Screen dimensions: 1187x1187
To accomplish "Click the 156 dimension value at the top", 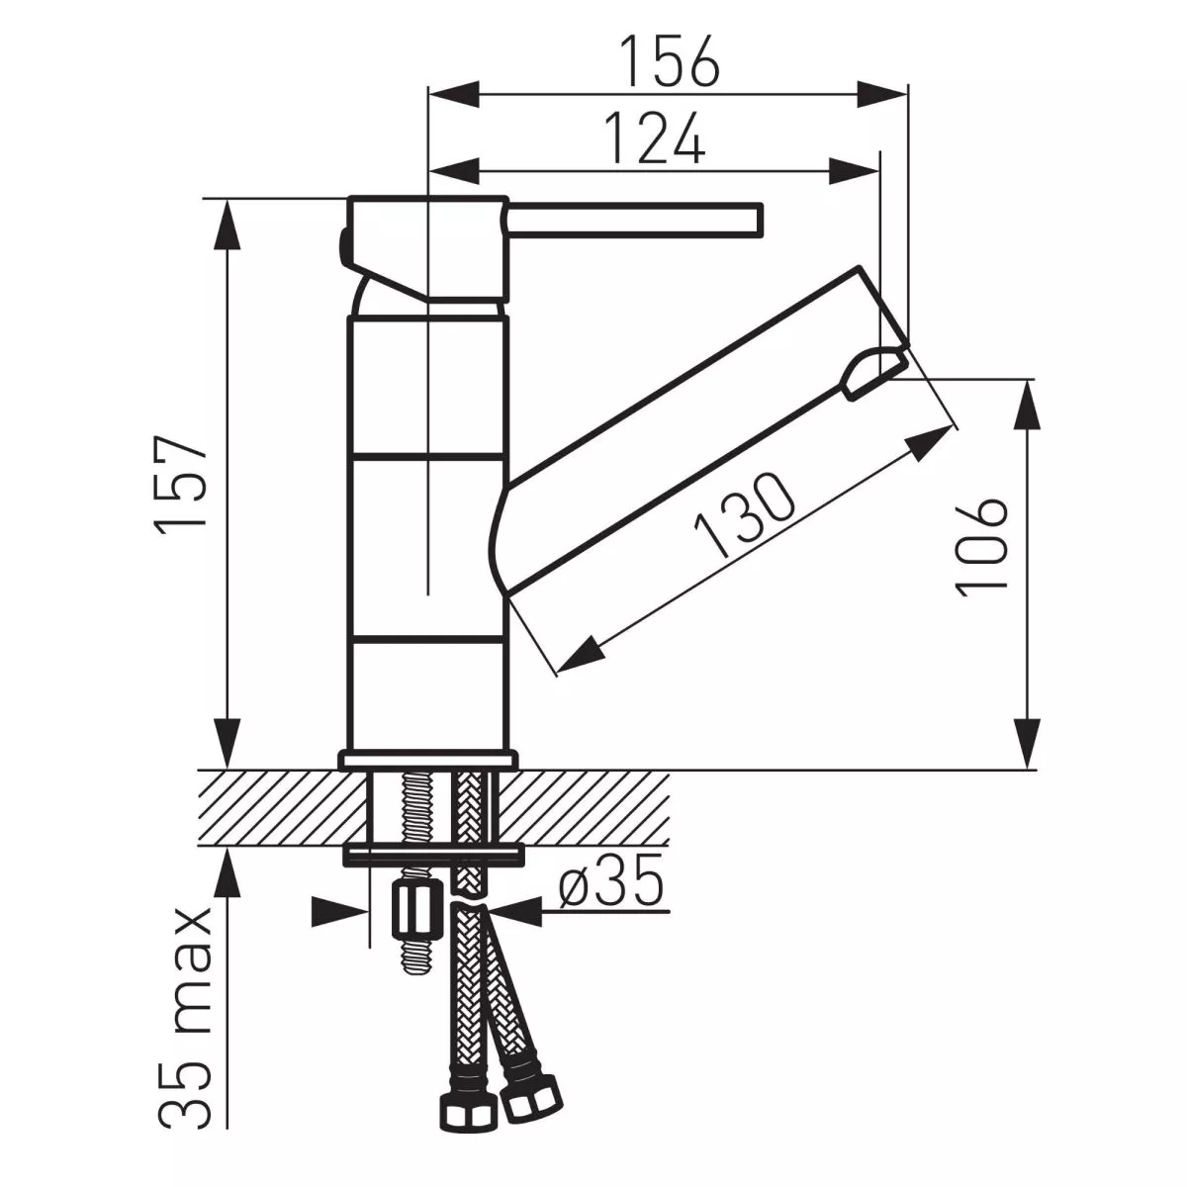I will (669, 61).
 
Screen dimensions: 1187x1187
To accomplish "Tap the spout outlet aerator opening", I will (872, 369).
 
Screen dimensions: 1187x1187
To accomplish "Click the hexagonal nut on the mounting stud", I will (418, 912).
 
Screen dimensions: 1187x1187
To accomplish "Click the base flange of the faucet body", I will (427, 760).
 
